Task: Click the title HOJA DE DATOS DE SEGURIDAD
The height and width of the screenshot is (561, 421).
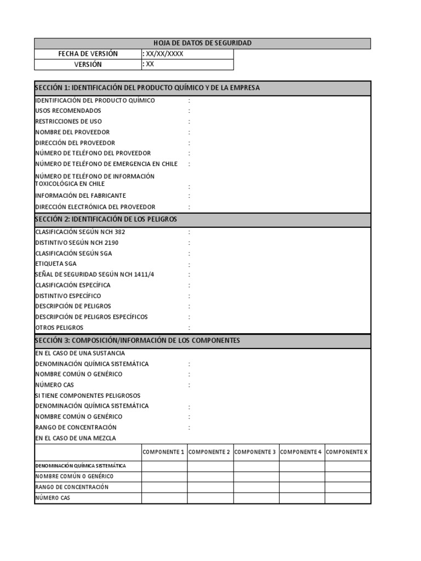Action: pyautogui.click(x=202, y=43)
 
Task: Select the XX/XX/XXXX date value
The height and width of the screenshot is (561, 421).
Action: pyautogui.click(x=164, y=54)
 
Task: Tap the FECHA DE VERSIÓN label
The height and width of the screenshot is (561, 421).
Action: pyautogui.click(x=88, y=54)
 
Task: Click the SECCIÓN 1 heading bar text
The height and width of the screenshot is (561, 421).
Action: pyautogui.click(x=147, y=88)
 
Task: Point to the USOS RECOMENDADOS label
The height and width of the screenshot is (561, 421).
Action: pyautogui.click(x=68, y=111)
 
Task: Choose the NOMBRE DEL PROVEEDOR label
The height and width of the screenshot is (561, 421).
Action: pyautogui.click(x=72, y=132)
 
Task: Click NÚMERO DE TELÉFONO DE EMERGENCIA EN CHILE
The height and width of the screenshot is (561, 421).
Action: pyautogui.click(x=106, y=164)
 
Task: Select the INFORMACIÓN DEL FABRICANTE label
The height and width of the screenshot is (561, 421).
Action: pyautogui.click(x=81, y=196)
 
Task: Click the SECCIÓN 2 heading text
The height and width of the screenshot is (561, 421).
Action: pyautogui.click(x=106, y=219)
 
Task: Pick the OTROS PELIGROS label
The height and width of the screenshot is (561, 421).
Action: pyautogui.click(x=59, y=328)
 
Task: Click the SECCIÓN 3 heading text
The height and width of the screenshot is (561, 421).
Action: pyautogui.click(x=138, y=340)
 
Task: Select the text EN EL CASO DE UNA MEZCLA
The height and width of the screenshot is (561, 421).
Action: pyautogui.click(x=76, y=438)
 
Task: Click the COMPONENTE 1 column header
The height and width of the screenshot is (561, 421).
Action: pyautogui.click(x=163, y=452)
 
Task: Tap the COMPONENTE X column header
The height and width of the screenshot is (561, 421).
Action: pyautogui.click(x=347, y=452)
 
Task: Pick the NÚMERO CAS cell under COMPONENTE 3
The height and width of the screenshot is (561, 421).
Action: pyautogui.click(x=256, y=498)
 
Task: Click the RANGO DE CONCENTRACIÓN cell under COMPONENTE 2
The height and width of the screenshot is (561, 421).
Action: pyautogui.click(x=210, y=487)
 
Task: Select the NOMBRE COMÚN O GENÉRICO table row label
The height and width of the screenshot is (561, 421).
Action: pyautogui.click(x=75, y=476)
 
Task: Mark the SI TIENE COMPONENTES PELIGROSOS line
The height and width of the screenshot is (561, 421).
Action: pyautogui.click(x=88, y=396)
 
